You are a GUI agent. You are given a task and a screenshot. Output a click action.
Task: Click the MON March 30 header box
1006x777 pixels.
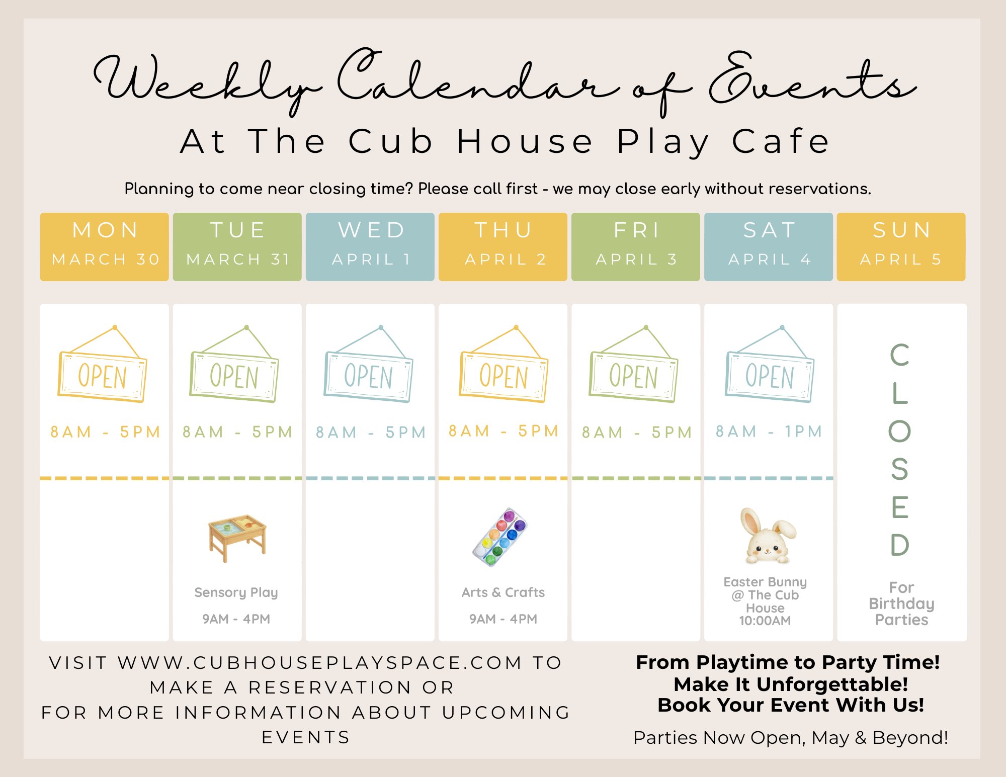click(105, 246)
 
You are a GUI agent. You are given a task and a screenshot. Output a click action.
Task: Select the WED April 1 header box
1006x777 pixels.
click(370, 246)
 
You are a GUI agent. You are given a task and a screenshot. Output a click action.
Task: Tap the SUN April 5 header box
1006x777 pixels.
click(901, 246)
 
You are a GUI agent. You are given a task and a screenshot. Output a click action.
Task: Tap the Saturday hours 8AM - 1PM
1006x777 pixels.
click(769, 431)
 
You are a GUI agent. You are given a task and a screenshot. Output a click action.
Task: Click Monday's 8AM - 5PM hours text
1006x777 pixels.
click(105, 432)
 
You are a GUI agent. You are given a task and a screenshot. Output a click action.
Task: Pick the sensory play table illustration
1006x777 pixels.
click(237, 538)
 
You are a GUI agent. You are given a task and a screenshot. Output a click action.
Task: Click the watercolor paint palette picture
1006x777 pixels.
click(500, 537)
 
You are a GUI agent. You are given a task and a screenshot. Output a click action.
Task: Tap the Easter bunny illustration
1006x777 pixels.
click(768, 536)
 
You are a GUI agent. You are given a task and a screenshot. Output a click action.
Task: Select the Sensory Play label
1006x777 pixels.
click(236, 593)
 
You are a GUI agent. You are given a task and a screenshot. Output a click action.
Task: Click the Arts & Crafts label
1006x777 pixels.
click(503, 592)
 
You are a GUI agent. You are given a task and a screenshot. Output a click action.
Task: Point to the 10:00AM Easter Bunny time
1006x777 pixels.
click(765, 621)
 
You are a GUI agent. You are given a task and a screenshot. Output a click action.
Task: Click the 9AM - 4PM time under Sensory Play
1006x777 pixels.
click(236, 619)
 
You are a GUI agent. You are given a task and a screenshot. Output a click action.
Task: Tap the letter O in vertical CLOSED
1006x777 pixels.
click(900, 431)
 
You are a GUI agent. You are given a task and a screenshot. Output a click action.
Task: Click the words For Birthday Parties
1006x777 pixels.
click(901, 603)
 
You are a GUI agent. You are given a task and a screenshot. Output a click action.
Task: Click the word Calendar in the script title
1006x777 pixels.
click(478, 80)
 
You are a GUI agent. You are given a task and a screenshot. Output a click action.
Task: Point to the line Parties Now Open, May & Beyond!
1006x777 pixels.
click(791, 738)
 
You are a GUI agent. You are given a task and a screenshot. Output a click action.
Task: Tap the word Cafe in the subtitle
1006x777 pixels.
click(781, 141)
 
